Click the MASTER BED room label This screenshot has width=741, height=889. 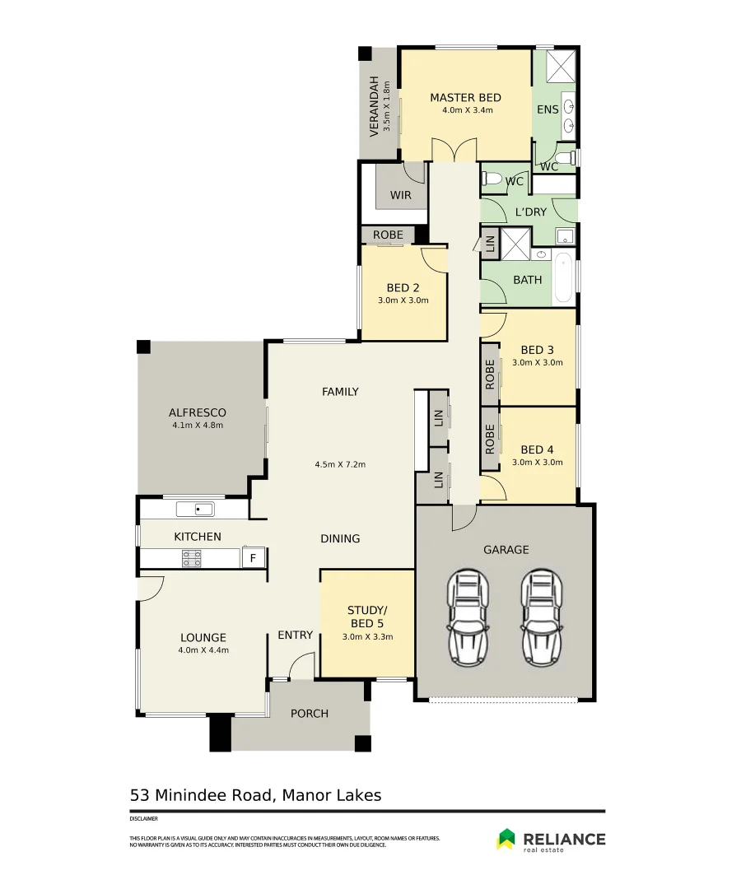(465, 98)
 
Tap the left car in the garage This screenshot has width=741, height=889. (467, 612)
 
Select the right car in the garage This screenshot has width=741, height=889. (541, 612)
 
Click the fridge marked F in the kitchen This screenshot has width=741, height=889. (254, 558)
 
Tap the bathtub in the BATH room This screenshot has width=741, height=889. (564, 279)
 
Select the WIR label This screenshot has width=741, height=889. (401, 196)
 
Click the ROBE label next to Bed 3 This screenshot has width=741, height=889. (490, 375)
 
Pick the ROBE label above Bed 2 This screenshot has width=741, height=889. (388, 235)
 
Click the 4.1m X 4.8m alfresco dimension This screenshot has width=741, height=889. (198, 426)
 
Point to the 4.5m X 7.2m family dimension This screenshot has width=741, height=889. (340, 464)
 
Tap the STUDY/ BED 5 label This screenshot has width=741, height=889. (367, 622)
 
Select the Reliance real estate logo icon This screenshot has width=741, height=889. (506, 839)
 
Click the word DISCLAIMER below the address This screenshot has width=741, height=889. (143, 819)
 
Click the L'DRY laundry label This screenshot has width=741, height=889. (530, 212)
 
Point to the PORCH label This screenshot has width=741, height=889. (310, 714)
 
